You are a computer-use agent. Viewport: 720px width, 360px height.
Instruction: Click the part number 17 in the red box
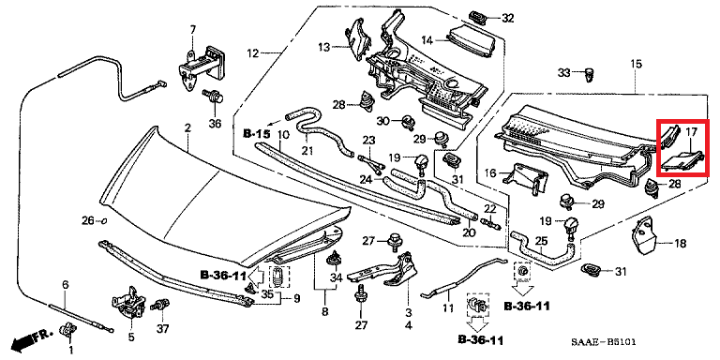tap(691, 133)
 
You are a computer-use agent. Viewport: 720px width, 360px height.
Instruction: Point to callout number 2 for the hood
tap(187, 128)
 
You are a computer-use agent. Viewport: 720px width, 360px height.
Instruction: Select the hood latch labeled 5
tap(128, 302)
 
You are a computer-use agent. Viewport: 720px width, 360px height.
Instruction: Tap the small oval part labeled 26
tap(103, 221)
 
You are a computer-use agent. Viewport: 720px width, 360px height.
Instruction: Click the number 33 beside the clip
tap(563, 72)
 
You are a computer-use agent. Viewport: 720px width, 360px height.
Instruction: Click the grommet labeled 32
tap(478, 18)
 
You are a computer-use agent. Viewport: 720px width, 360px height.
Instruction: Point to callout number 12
tap(253, 53)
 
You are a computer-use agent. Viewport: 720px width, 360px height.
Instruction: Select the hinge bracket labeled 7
tap(201, 67)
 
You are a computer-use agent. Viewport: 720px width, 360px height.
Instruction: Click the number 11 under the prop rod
tap(448, 308)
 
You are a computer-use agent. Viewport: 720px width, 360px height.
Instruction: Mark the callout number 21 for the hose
tap(307, 151)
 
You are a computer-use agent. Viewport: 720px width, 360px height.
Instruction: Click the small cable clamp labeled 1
tap(69, 329)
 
